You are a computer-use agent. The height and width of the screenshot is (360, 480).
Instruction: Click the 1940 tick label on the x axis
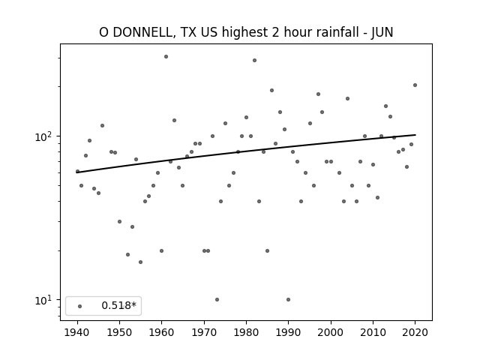point(77,333)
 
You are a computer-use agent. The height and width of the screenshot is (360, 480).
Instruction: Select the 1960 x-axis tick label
point(162,333)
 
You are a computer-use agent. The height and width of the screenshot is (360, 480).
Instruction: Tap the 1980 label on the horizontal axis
point(246,333)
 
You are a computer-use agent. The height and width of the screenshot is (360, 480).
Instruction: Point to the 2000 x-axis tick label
point(331,333)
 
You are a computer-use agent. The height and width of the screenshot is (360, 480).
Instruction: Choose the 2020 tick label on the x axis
point(415,333)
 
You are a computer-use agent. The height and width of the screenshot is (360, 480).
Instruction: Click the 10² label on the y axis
point(45,136)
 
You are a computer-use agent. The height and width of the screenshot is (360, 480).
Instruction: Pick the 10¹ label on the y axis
point(45,300)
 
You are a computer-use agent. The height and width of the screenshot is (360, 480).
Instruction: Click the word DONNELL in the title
point(143,32)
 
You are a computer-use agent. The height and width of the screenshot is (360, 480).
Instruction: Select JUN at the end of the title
point(382,32)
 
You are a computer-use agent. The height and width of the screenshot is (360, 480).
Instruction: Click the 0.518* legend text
point(118,305)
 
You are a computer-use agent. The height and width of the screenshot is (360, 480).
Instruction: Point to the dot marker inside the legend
point(80,306)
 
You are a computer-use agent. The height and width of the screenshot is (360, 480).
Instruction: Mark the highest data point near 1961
point(166,57)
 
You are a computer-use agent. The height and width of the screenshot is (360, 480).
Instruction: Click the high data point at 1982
point(254,60)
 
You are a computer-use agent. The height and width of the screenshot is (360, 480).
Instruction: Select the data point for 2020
point(415,85)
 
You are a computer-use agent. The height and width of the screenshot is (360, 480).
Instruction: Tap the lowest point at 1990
point(288,300)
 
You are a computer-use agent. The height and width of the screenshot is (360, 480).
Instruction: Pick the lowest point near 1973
point(217,300)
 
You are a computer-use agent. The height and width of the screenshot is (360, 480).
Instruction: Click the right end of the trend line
point(415,135)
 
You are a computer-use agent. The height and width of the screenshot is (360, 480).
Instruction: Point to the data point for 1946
point(102,125)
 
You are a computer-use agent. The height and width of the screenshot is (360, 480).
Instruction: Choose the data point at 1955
point(140,262)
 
